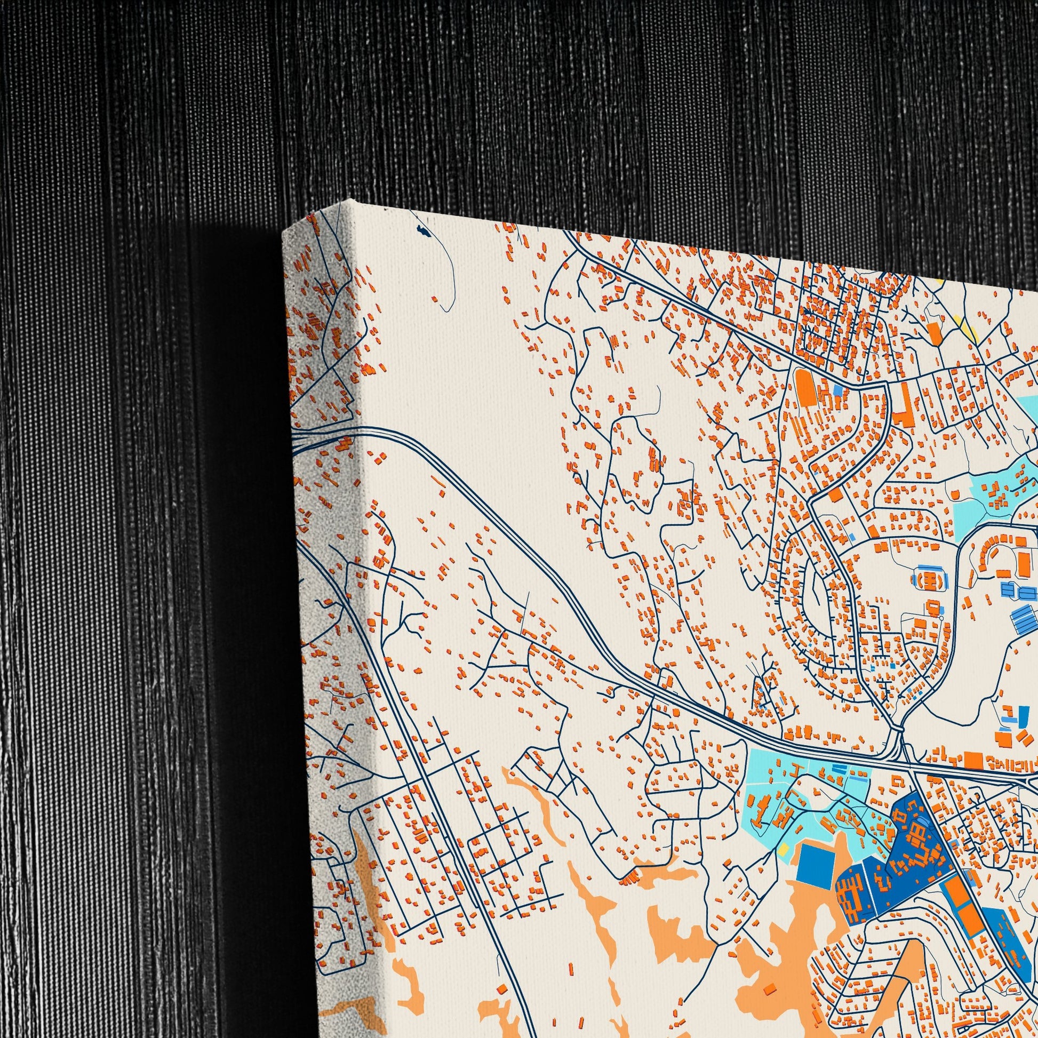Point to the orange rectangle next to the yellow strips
[x=935, y=333]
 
